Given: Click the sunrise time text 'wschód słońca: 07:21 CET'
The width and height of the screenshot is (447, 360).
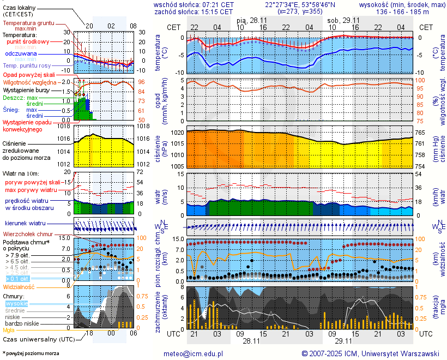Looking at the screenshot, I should tap(194, 4).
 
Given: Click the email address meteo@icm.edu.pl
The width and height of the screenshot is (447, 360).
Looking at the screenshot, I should tap(194, 353).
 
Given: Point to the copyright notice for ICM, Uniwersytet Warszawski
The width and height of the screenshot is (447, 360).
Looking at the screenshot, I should tap(370, 353).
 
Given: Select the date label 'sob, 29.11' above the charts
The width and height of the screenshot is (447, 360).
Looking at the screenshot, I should tap(342, 20).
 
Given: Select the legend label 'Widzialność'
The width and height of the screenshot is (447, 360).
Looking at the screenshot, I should tap(19, 286).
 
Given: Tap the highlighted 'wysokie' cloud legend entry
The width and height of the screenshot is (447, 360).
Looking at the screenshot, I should tap(16, 303).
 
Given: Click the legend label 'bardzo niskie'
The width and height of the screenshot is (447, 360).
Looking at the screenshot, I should tap(22, 323).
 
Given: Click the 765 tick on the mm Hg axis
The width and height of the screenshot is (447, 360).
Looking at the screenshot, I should tap(422, 133).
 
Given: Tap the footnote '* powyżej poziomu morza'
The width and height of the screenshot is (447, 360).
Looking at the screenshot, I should tap(31, 353).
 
